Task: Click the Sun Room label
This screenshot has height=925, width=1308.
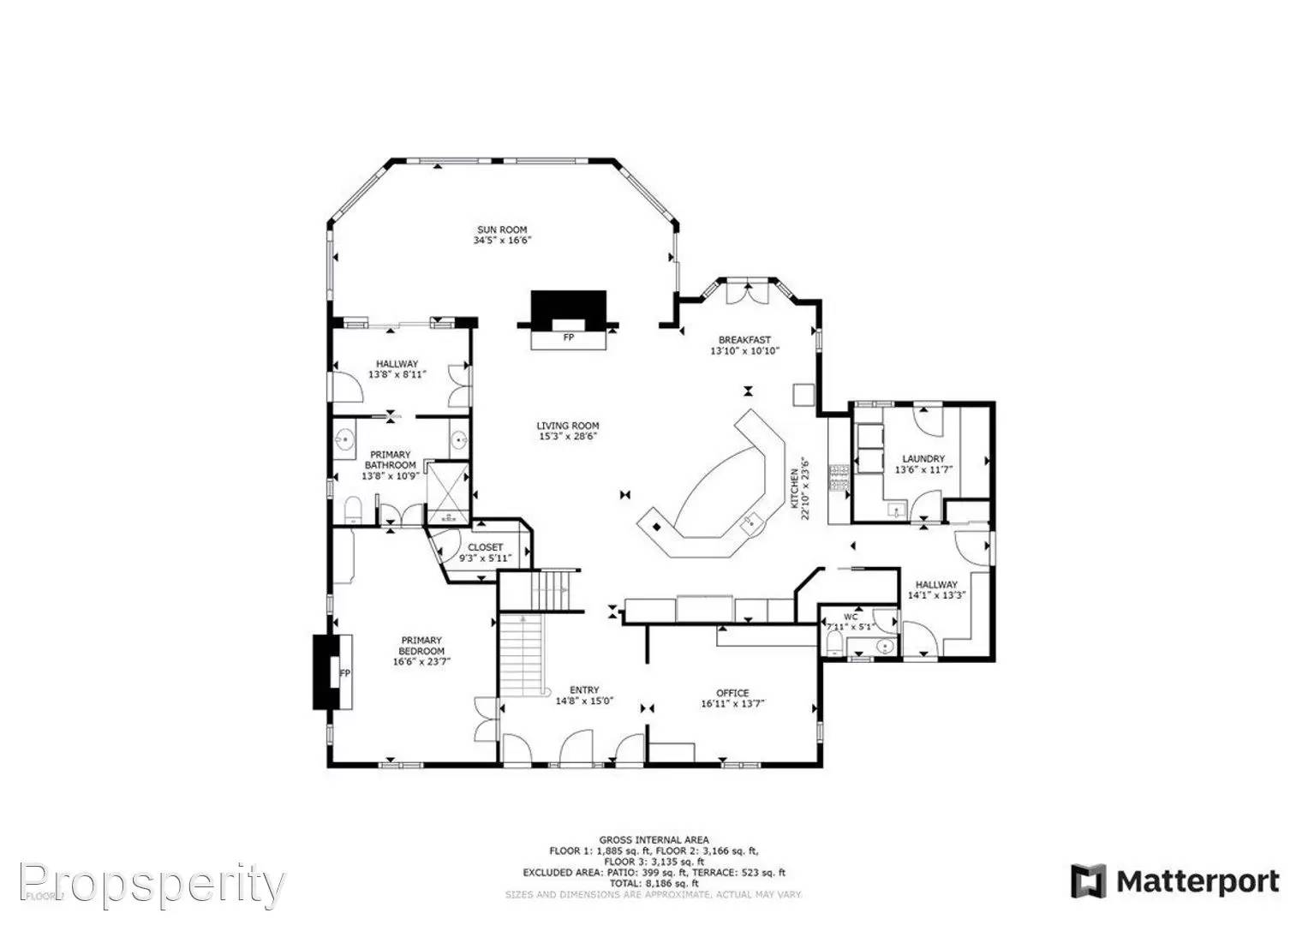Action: (502, 230)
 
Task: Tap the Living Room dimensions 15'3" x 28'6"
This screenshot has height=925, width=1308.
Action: (567, 437)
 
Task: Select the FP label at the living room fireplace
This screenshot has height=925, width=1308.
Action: (568, 338)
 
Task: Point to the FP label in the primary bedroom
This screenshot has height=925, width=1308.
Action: (345, 673)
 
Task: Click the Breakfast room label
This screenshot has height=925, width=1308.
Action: (744, 340)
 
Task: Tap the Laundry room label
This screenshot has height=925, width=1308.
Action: (923, 459)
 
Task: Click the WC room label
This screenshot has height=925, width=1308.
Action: (851, 617)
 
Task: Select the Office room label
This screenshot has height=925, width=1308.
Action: (732, 693)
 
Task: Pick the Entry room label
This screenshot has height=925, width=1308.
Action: (584, 690)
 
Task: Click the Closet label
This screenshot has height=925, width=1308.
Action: (486, 547)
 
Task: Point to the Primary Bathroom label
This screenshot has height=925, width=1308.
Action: (390, 460)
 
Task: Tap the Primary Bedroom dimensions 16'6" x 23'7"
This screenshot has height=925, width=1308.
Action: (421, 662)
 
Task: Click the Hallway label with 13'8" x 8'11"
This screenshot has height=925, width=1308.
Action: (397, 364)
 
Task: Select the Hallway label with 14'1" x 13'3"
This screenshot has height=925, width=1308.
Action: (936, 585)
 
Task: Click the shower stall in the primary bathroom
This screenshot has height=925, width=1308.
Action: (448, 492)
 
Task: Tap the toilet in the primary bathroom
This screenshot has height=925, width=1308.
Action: (354, 511)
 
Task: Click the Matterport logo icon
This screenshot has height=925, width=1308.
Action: (1088, 881)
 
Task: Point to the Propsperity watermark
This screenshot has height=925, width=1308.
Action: (152, 883)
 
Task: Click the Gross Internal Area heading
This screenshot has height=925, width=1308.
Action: (654, 840)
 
